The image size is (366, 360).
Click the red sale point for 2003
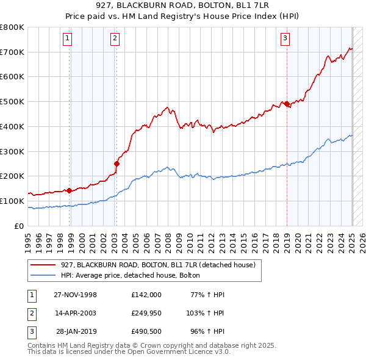(117, 164)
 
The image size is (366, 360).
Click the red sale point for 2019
(287, 104)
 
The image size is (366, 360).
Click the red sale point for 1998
(70, 190)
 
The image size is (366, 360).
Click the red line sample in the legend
(43, 265)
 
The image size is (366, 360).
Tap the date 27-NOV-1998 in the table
(76, 295)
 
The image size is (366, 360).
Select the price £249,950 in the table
(146, 313)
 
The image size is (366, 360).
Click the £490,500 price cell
(146, 331)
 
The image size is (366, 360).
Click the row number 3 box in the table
(31, 331)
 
